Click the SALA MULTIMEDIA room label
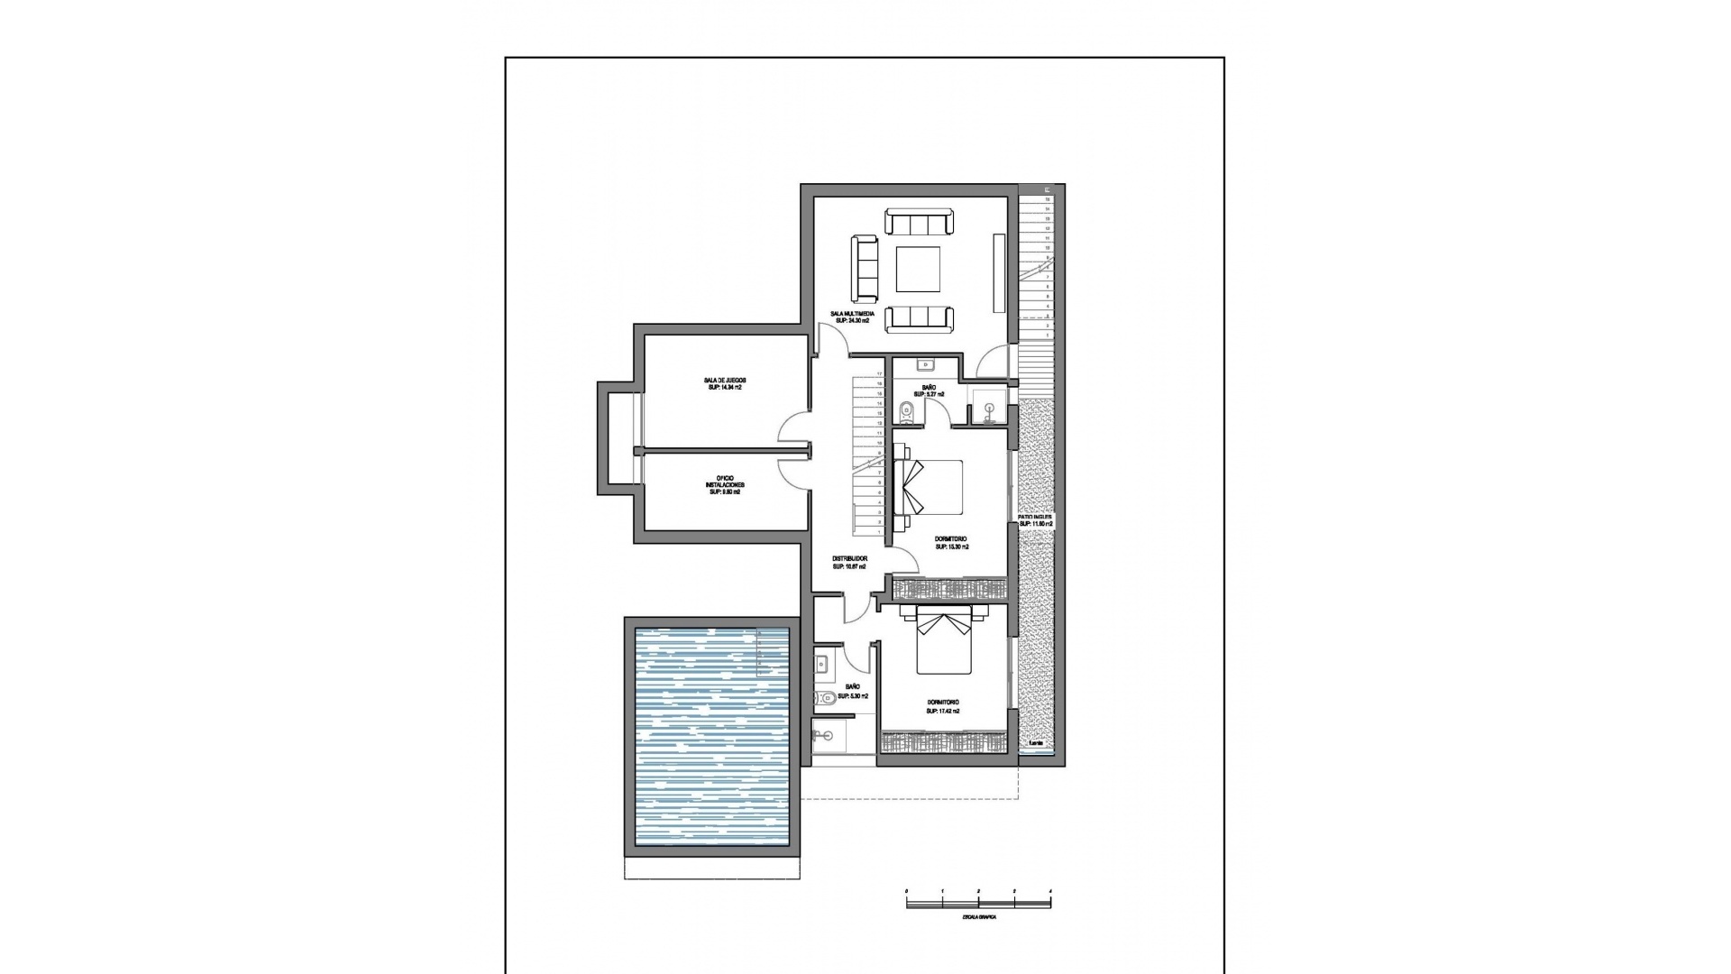852,313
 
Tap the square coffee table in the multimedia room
919,270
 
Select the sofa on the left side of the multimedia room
865,268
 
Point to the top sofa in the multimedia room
919,222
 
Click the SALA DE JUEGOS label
725,381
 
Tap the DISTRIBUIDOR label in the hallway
849,559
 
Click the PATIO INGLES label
1036,517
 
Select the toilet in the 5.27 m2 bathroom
906,412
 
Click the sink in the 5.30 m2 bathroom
823,665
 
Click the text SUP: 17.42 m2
942,712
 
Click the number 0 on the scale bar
907,892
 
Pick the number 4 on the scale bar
1050,892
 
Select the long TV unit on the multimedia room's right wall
999,272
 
